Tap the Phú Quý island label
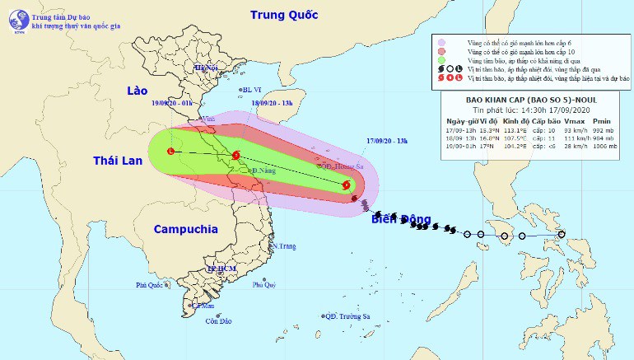pos(264,284)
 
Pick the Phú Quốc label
pos(152,285)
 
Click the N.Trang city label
pos(284,246)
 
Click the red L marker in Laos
pos(170,152)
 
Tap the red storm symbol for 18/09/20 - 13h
pos(236,155)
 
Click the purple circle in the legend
pos(442,42)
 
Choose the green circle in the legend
pos(442,60)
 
